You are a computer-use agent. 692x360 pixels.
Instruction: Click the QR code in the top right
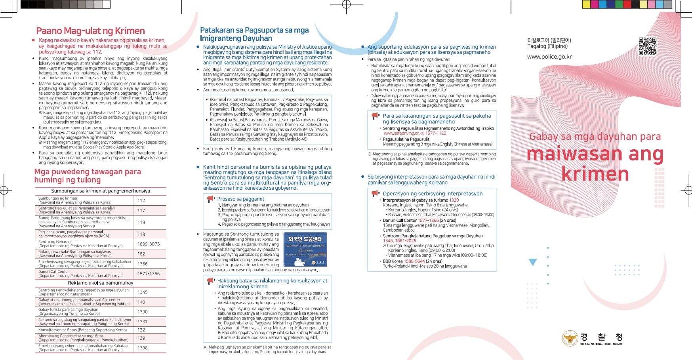click(x=647, y=46)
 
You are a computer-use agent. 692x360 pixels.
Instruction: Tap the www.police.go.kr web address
click(x=549, y=57)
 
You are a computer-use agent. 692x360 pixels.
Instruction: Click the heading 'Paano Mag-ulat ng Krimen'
click(x=90, y=31)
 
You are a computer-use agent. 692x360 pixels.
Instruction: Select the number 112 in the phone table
click(x=141, y=200)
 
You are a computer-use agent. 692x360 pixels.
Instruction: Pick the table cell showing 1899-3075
click(x=149, y=244)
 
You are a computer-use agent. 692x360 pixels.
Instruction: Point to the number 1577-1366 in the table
click(x=149, y=274)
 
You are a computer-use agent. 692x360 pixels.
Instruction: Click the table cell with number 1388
click(x=143, y=348)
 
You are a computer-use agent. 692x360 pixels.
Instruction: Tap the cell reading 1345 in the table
click(x=143, y=292)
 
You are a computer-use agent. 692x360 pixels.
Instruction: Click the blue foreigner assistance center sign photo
click(x=305, y=250)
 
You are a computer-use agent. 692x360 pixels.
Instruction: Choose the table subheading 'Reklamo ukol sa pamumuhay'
click(x=101, y=283)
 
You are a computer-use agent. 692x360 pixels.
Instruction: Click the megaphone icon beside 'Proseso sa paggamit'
click(x=211, y=199)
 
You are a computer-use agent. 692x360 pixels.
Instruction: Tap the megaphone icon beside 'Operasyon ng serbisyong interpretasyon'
click(x=376, y=193)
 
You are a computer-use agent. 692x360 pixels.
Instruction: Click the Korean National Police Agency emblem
click(x=570, y=338)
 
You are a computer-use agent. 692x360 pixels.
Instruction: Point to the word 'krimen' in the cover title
click(x=595, y=174)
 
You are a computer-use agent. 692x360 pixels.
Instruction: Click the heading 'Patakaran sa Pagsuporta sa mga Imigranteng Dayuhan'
click(x=254, y=34)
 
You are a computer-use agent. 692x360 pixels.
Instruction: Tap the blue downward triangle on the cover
click(x=533, y=262)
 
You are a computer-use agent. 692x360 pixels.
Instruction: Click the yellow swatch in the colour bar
click(x=586, y=4)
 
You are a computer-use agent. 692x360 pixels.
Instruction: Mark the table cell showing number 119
click(x=141, y=222)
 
